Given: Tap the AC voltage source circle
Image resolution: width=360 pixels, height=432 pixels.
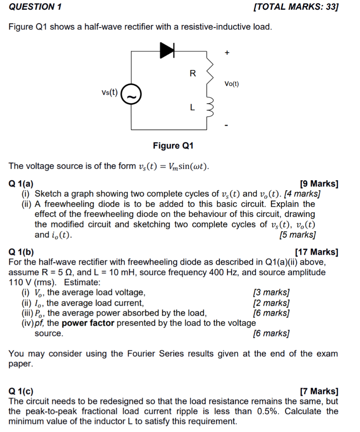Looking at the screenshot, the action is pos(131,96).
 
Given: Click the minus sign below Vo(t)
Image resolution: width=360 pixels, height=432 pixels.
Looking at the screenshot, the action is pos(227,125).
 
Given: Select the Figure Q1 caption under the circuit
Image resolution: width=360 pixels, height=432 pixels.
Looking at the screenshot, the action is pos(173,146).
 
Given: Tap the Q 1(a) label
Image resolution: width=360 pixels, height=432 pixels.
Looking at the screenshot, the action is pos(22,184).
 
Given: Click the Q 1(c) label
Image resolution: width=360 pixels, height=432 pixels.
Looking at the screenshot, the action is pos(22,391).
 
